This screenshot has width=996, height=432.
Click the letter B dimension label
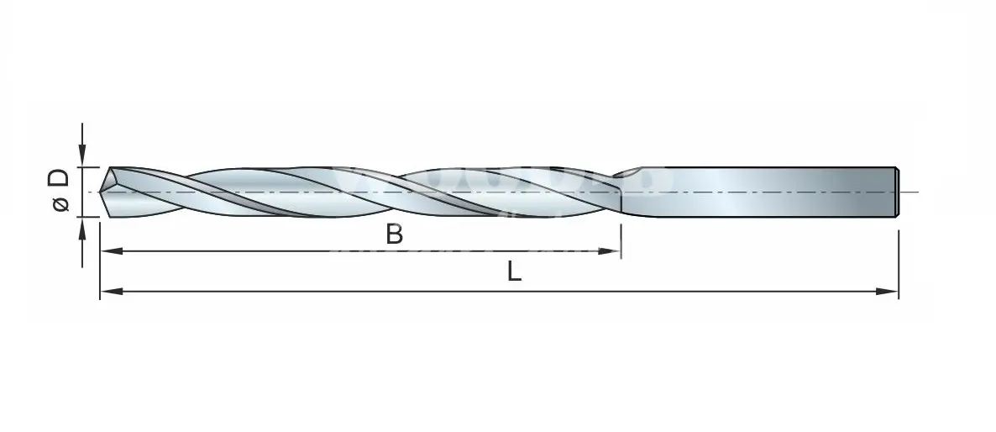click(395, 234)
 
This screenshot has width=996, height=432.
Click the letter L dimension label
click(515, 272)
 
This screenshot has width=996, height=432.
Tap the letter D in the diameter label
click(59, 178)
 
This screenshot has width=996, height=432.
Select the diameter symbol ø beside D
click(61, 204)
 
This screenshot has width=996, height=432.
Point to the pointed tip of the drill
click(101, 192)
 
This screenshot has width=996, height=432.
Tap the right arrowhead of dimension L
click(887, 292)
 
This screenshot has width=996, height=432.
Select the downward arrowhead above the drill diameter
click(82, 156)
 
